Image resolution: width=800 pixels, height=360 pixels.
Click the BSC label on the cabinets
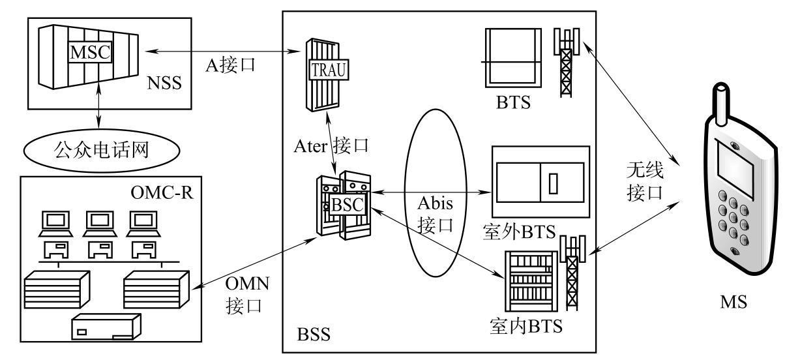pos(346,204)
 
